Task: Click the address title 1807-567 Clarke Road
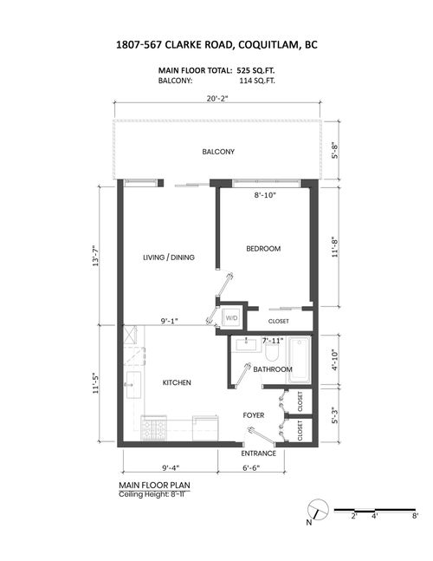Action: coord(216,44)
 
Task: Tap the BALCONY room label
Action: coord(218,152)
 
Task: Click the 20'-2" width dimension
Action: coord(216,98)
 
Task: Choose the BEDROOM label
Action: coord(263,249)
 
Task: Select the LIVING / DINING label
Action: coord(168,258)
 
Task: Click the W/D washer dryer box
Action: coord(231,318)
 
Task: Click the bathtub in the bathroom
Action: coord(301,357)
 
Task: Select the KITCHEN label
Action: coord(177,382)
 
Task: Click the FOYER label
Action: coord(254,415)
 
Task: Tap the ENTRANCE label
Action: coord(259,453)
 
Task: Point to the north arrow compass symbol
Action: coord(316,512)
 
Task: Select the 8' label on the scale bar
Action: coord(416,516)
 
